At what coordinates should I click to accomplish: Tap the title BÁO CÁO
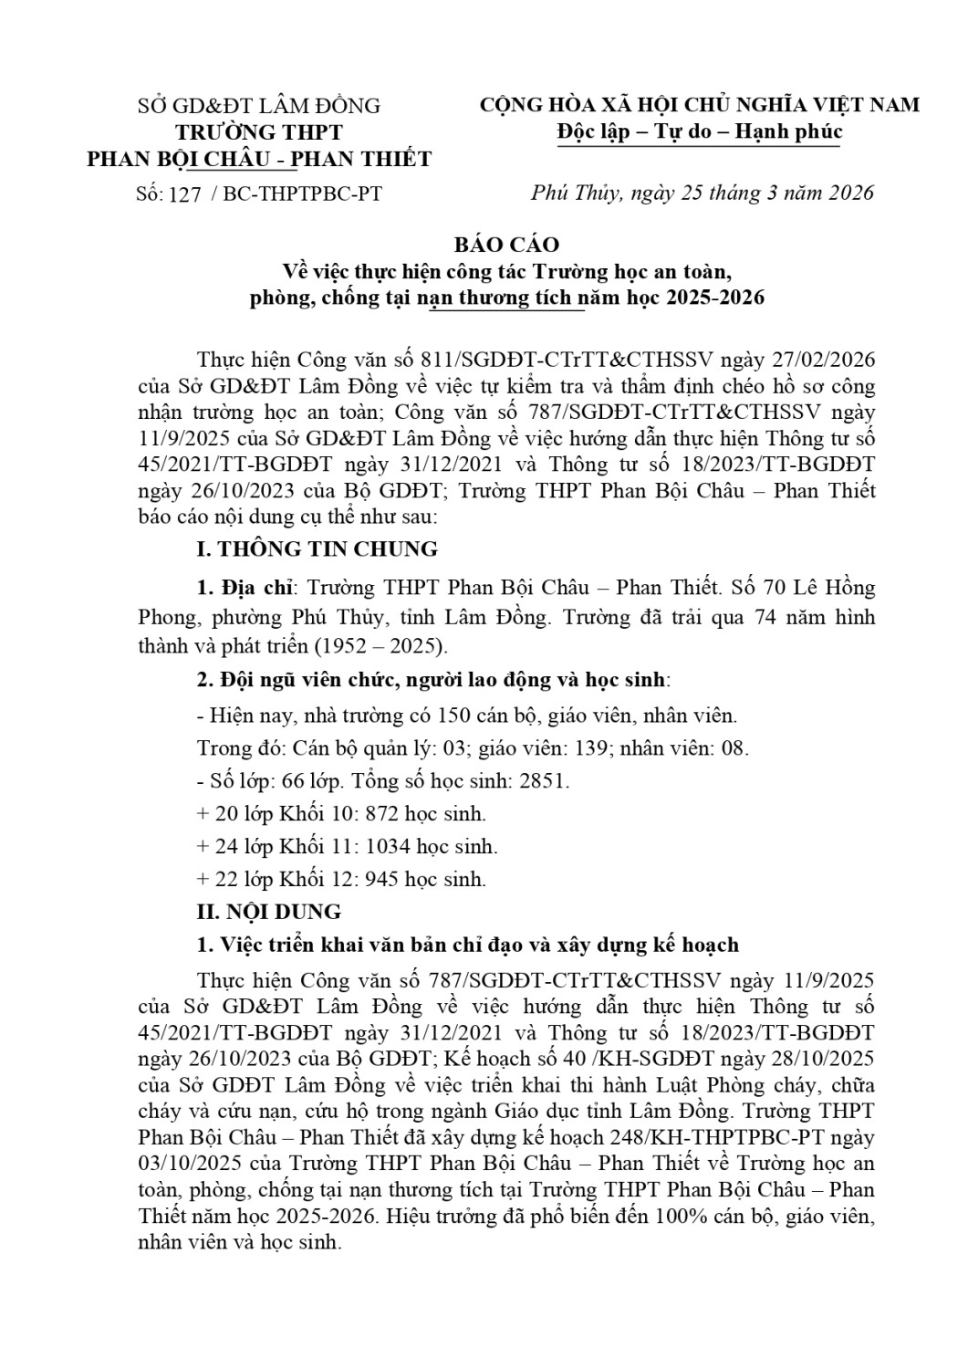coord(507,245)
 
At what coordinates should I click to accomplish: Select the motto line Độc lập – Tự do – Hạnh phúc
coord(700,132)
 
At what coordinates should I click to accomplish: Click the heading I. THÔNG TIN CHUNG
coord(317,549)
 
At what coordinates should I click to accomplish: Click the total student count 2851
coord(544,781)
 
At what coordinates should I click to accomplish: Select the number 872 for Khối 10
coord(382,813)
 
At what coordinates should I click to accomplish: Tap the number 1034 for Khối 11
coord(387,846)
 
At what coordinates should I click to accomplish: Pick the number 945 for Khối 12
coord(382,879)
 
